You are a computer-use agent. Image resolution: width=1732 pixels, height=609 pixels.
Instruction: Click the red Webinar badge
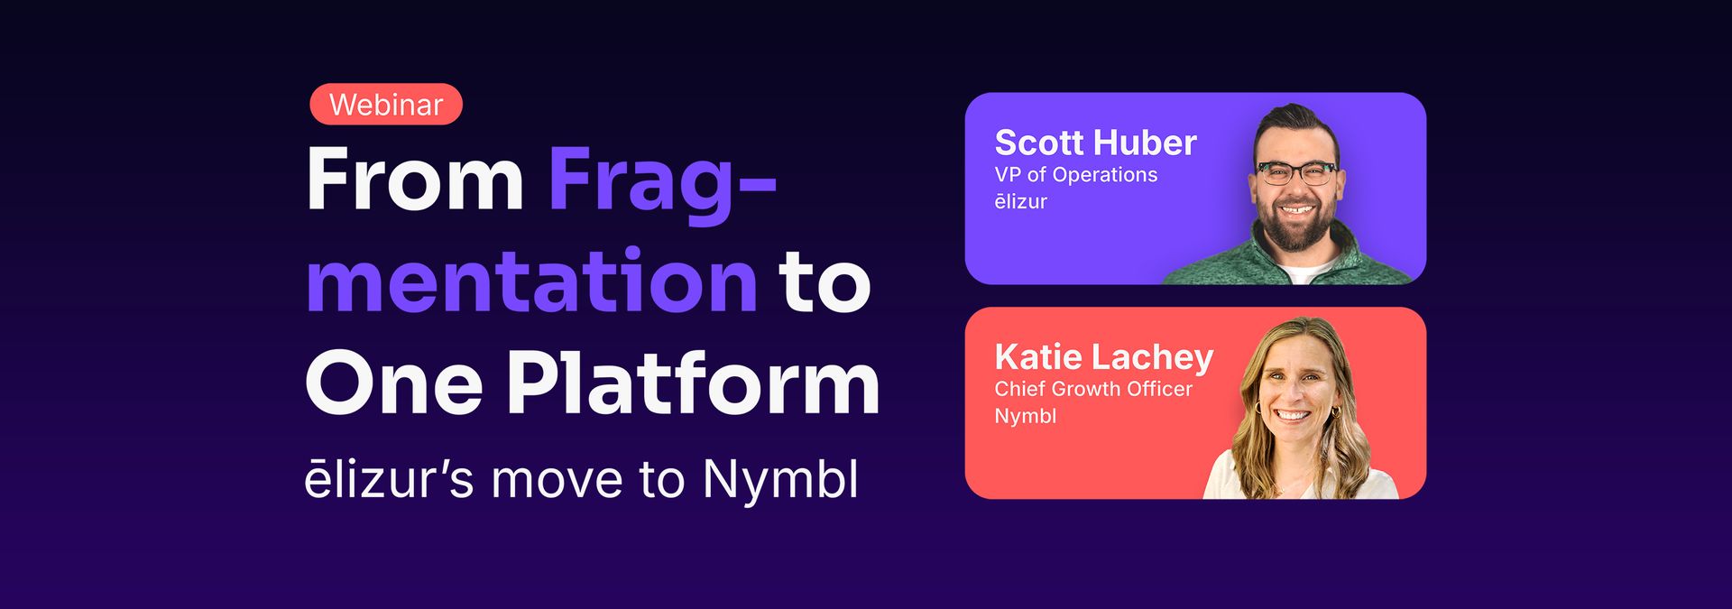pos(386,105)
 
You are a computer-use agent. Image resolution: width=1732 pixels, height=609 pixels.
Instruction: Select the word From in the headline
pos(415,179)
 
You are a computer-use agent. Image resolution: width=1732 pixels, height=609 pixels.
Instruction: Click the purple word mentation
pos(532,281)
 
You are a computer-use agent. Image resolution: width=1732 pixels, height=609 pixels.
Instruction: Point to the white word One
pos(394,383)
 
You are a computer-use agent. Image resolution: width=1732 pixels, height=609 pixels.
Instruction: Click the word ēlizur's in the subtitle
pos(389,479)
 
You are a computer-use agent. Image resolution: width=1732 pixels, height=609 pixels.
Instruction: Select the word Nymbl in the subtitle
pos(780,478)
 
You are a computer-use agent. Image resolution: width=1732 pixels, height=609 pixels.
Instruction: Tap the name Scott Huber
pos(1095,143)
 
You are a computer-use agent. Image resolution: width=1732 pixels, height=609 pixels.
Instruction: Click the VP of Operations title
pos(1076,175)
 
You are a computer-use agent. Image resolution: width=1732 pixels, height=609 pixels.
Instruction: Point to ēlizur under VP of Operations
pos(1021,202)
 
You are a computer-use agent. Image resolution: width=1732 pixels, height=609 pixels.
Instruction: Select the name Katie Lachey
pos(1104,357)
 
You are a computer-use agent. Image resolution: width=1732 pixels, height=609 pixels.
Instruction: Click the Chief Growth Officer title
pos(1093,389)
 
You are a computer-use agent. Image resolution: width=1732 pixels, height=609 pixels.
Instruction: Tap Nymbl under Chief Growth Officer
pos(1026,416)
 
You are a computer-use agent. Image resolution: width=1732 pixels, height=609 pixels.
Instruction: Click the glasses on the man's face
pos(1297,172)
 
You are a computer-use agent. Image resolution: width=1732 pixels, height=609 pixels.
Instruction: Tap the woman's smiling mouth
pos(1293,415)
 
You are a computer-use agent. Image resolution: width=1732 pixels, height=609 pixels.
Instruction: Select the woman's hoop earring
pos(1336,411)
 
